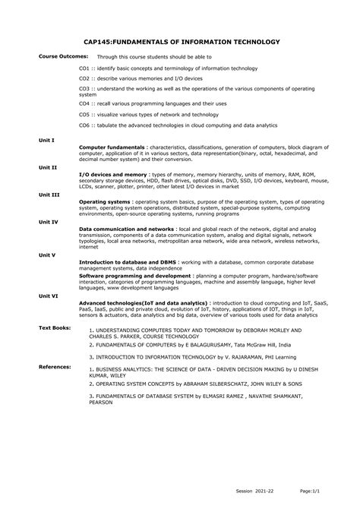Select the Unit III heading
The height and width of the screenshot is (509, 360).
point(49,194)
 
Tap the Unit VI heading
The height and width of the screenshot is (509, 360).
point(49,295)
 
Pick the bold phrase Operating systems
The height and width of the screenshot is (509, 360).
point(104,201)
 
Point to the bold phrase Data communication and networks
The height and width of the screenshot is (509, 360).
point(126,229)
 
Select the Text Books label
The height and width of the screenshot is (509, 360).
point(54,327)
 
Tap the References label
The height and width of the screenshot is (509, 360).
point(54,366)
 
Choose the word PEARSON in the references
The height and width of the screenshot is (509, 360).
point(101,403)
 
